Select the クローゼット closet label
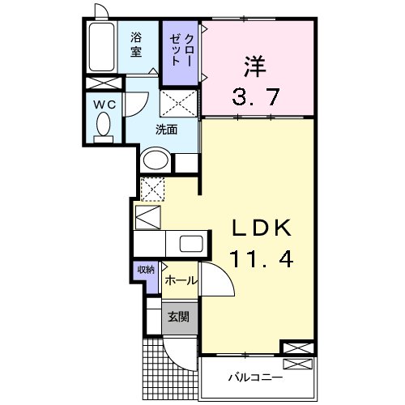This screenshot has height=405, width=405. (x=181, y=51)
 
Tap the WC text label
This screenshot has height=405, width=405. (x=103, y=104)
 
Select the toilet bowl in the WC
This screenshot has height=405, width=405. (x=104, y=126)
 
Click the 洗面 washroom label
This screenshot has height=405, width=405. (x=167, y=130)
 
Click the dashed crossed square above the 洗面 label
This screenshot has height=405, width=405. (x=178, y=104)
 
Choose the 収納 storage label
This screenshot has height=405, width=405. (x=145, y=271)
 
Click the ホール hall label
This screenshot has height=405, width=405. (x=180, y=279)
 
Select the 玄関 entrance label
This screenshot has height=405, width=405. (x=178, y=317)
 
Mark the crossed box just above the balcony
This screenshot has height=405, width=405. (x=296, y=348)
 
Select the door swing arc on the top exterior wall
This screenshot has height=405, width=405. (x=101, y=11)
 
